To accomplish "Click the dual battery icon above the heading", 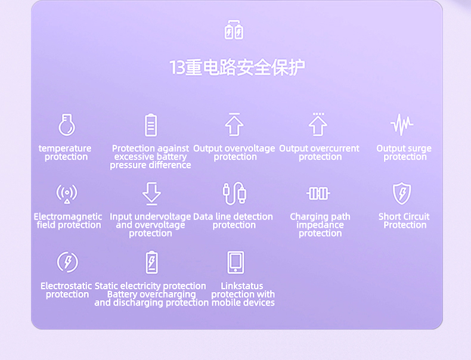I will coord(234,30).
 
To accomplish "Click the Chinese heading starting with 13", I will coord(237,67).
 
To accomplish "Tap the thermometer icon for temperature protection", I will coord(67,125).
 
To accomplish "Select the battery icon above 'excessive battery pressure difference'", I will coord(151,125).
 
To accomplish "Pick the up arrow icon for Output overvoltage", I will coord(234,125).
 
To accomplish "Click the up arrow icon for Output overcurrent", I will coord(318,125).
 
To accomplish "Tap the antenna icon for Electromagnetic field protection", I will coord(67,194).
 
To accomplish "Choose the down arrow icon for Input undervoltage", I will coord(151,194).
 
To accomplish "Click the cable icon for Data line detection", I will coord(235,194).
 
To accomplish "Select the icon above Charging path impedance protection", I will coord(318,193).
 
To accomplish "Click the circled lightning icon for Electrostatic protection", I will coord(67,262).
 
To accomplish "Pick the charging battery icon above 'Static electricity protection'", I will coord(151,262).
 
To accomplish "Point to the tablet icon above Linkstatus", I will coord(235,262).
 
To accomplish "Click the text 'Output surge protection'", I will coord(404,153).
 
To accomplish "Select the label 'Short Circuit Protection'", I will coord(404,221).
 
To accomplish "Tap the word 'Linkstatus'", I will coord(242,286).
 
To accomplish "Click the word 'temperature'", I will coord(65,148).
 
